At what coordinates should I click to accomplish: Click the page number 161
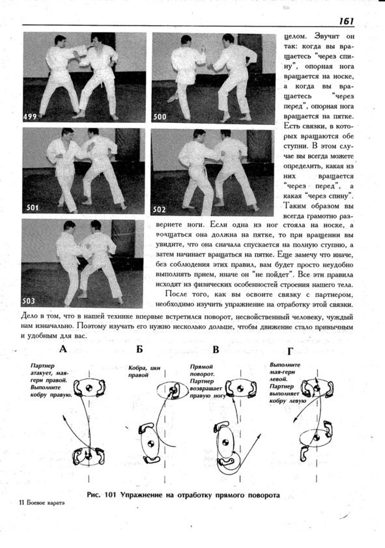point(346,21)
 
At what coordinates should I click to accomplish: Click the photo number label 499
point(30,116)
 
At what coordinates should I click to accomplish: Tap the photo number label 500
point(160,116)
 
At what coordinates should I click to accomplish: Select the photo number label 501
point(32,208)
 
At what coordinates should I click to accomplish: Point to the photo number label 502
point(159,210)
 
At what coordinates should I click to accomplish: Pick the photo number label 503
point(29,301)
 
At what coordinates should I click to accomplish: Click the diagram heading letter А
point(63,349)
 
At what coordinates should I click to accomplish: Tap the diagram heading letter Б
point(139,349)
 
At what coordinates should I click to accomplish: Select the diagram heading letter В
point(216,349)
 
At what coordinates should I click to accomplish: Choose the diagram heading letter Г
point(290,351)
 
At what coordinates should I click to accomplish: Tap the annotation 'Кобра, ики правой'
point(144,372)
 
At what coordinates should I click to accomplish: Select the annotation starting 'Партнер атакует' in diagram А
point(51,380)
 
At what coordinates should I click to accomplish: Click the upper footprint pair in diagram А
point(89,388)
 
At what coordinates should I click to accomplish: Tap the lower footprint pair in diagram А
point(88,456)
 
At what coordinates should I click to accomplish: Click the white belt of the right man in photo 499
point(102,75)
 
